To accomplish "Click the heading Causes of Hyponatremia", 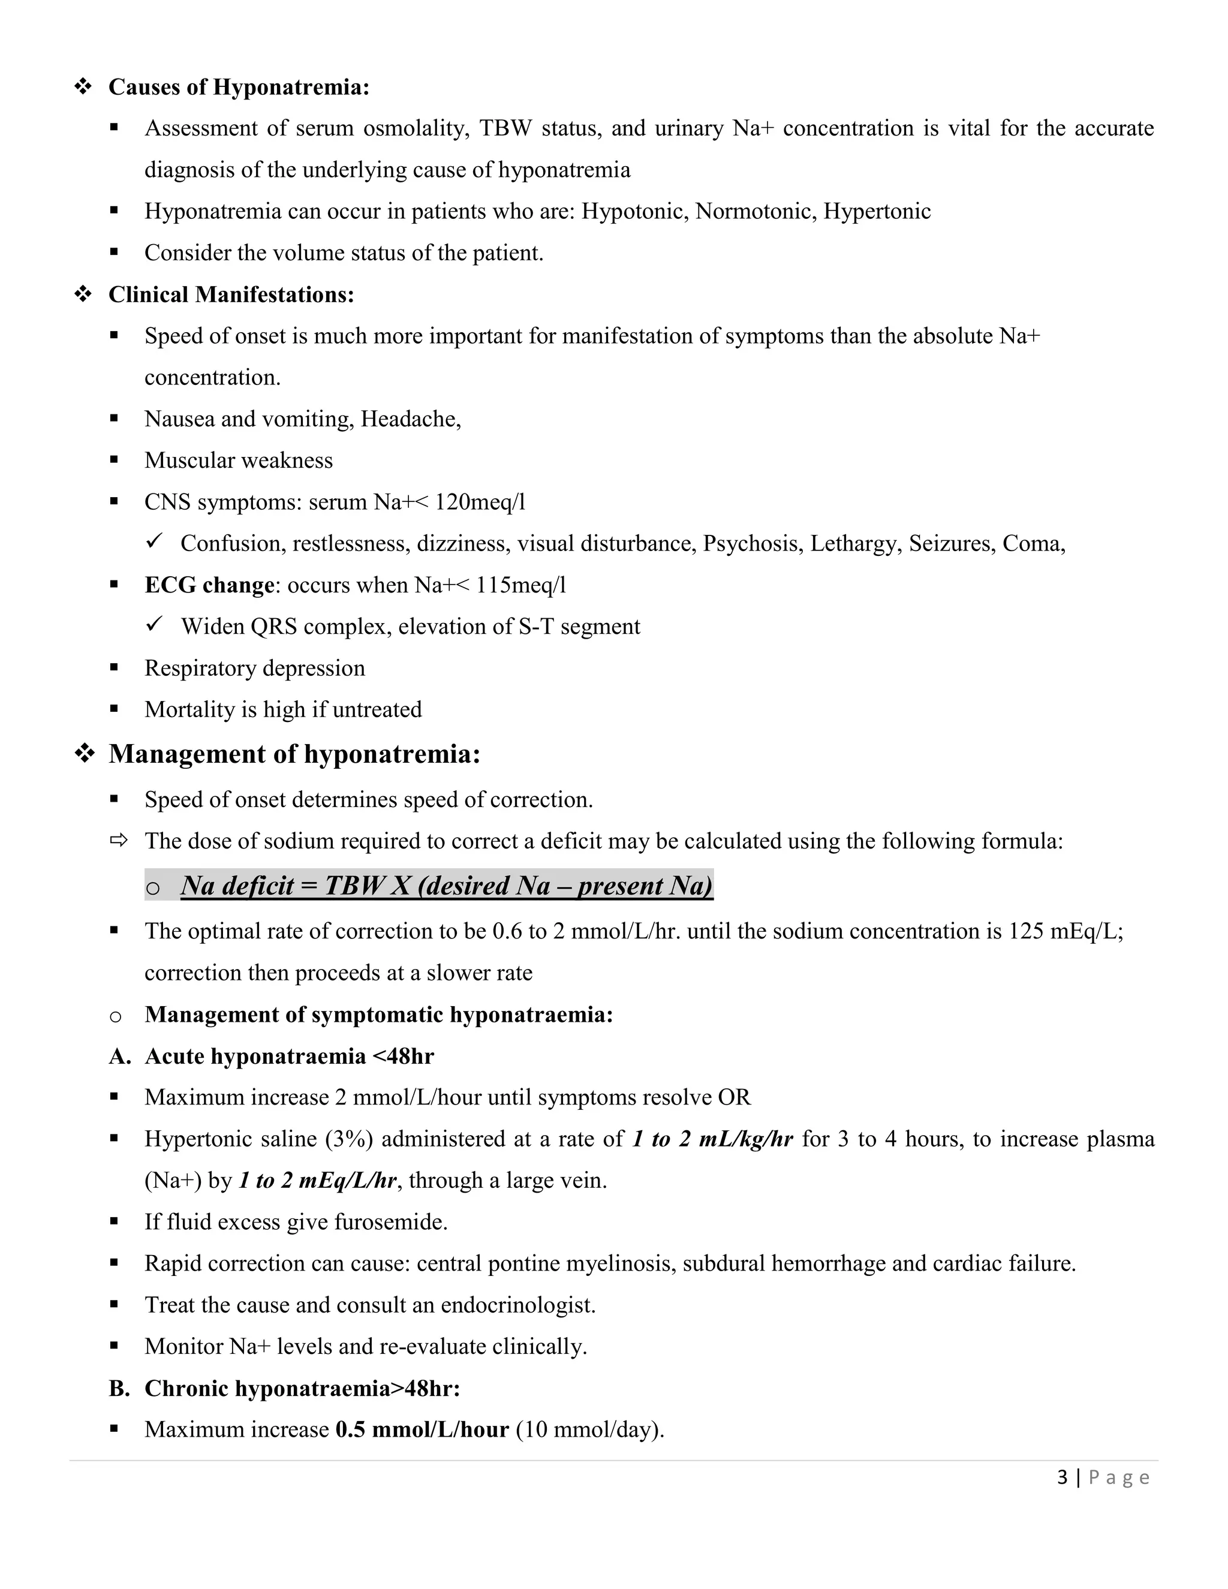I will coord(239,88).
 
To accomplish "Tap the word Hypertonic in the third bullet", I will coord(877,212).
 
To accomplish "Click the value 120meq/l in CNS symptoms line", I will coord(480,502).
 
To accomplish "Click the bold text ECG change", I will coord(209,585).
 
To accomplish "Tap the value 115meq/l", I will coord(521,585).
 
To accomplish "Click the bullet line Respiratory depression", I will coord(255,668).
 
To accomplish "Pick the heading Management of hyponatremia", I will coord(294,754).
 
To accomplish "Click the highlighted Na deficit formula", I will coord(446,886).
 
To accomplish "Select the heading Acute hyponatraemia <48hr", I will coord(289,1056).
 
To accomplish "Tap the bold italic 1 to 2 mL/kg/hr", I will coord(712,1139).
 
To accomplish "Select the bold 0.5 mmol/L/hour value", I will coord(422,1429).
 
